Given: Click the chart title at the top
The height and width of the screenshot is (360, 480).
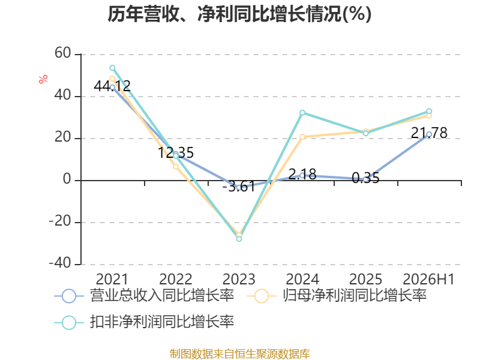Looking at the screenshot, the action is [239, 14].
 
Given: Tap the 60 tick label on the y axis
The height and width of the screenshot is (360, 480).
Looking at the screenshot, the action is [63, 53].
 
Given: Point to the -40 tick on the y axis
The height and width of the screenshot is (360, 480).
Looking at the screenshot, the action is [60, 263].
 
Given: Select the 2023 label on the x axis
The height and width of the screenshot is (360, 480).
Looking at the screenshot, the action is [239, 279].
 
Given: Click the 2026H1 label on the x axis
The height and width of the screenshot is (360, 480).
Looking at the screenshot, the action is [428, 279].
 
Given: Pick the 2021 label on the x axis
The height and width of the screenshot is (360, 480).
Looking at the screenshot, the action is [112, 279].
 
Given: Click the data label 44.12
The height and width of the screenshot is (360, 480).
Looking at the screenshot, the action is [112, 86].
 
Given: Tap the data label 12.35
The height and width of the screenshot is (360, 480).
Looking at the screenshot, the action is [176, 152].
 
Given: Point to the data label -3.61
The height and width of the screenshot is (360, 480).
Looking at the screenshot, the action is [239, 187].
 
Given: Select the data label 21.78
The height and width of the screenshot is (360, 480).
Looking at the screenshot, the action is [429, 133].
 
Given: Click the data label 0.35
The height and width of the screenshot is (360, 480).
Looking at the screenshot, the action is [365, 178].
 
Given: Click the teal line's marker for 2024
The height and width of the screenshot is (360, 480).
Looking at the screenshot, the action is [302, 113].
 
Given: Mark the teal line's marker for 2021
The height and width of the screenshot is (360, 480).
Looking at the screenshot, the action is [112, 68].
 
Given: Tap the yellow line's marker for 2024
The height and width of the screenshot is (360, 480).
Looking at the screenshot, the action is [302, 137].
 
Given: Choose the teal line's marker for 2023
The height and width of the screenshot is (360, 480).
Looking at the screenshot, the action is [239, 239].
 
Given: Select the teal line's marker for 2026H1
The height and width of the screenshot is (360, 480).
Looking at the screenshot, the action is [429, 111].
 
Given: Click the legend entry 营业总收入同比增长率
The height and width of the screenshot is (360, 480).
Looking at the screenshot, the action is [144, 296].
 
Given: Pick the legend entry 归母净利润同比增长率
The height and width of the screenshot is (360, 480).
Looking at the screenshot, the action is [337, 296].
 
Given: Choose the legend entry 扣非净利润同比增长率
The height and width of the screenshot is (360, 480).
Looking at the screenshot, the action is [144, 322].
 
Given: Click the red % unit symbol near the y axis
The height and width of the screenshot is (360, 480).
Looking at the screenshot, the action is [43, 79].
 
